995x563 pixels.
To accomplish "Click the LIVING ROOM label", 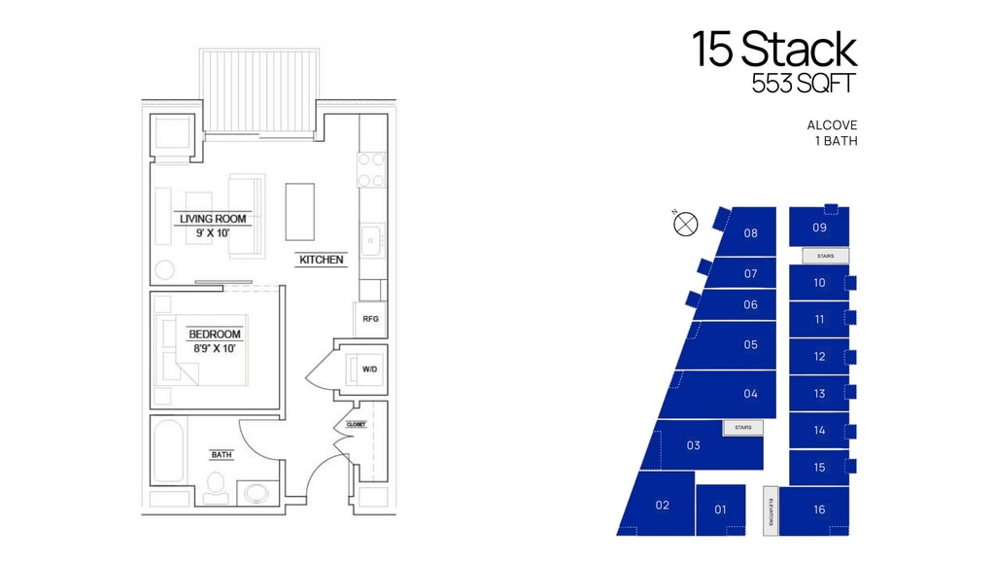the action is coord(213,219).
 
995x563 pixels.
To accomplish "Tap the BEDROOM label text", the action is coord(215,334).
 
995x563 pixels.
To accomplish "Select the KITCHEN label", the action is coord(321,260).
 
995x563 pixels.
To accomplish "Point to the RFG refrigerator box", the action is coord(370,319).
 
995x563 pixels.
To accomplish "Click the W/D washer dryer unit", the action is coord(367,369).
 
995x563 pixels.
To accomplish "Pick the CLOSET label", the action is coord(356,424).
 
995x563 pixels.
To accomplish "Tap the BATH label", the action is coord(222,454).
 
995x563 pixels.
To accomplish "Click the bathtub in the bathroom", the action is coord(169,450).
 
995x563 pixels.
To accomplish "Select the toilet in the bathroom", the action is coord(216,487).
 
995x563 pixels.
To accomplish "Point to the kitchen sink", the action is coord(372,240).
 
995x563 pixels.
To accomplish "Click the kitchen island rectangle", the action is coord(299,211).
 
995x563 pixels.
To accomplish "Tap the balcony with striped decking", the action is coord(258,90).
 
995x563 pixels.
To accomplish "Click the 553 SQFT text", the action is coord(804,84).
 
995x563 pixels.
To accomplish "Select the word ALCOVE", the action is coord(832,125).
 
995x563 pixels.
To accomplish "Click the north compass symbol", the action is coord(685,224).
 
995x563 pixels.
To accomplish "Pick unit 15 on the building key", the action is coord(819,467).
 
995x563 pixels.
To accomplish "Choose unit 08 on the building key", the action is coord(751,233).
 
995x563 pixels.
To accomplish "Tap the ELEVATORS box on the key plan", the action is coord(771,510).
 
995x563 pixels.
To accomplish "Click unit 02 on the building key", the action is coord(662,506).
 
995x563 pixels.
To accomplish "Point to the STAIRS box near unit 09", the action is coord(826,256).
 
